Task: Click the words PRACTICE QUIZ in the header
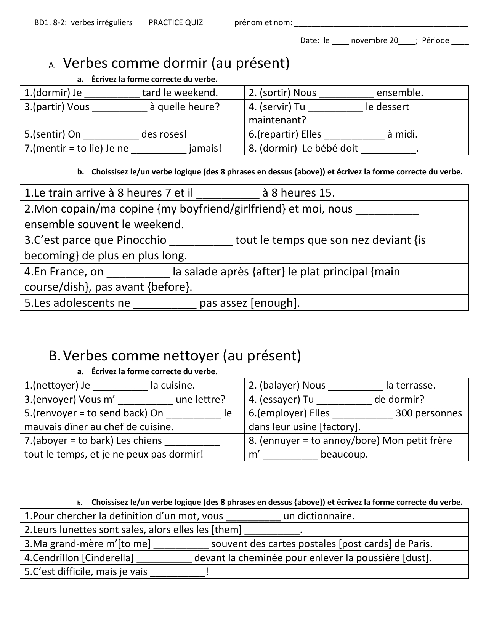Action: point(176,22)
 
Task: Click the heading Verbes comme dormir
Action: point(176,63)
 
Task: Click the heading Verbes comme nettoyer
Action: point(182,356)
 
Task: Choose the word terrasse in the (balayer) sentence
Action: point(410,386)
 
